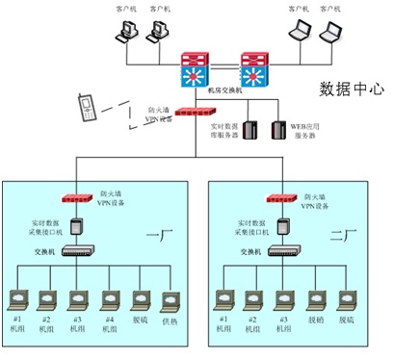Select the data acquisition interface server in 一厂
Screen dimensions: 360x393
[x=75, y=226]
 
